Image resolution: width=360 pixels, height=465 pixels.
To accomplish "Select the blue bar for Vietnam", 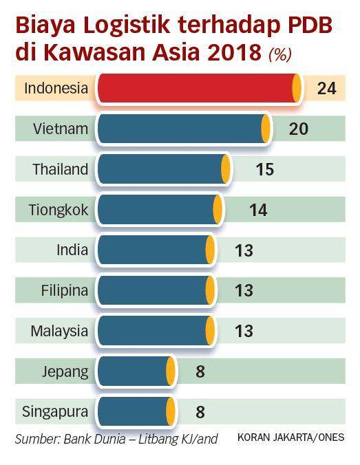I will pyautogui.click(x=180, y=129).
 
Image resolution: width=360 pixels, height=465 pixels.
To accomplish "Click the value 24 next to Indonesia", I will pyautogui.click(x=326, y=88).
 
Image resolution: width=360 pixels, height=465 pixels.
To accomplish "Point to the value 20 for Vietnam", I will pyautogui.click(x=298, y=129).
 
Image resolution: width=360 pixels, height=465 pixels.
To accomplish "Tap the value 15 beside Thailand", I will pyautogui.click(x=264, y=169).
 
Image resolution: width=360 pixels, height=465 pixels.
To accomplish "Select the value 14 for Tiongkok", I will pyautogui.click(x=258, y=210).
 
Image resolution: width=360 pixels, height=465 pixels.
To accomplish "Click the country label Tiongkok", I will pyautogui.click(x=59, y=210).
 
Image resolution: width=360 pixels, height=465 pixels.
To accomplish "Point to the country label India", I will pyautogui.click(x=72, y=250).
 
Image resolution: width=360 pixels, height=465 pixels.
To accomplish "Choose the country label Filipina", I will pyautogui.click(x=65, y=290).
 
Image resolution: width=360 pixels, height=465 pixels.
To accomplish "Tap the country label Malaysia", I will pyautogui.click(x=59, y=331).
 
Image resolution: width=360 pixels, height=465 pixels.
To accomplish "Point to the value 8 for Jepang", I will pyautogui.click(x=200, y=371).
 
